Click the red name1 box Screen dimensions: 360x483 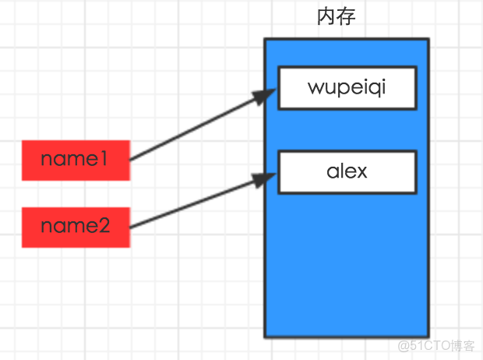click(74, 161)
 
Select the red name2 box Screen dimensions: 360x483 click(74, 227)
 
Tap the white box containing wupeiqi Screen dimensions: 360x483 click(347, 88)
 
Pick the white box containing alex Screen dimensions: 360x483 click(347, 171)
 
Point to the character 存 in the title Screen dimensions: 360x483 click(347, 16)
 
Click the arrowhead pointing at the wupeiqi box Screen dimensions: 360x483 click(267, 94)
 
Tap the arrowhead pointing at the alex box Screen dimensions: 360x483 click(267, 178)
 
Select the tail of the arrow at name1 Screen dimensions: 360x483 click(131, 160)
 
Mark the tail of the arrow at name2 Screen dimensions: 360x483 click(131, 227)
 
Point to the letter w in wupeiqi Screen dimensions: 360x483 click(316, 87)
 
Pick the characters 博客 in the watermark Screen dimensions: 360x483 click(463, 345)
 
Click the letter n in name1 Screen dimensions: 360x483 click(47, 161)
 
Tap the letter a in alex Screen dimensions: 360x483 click(333, 171)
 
